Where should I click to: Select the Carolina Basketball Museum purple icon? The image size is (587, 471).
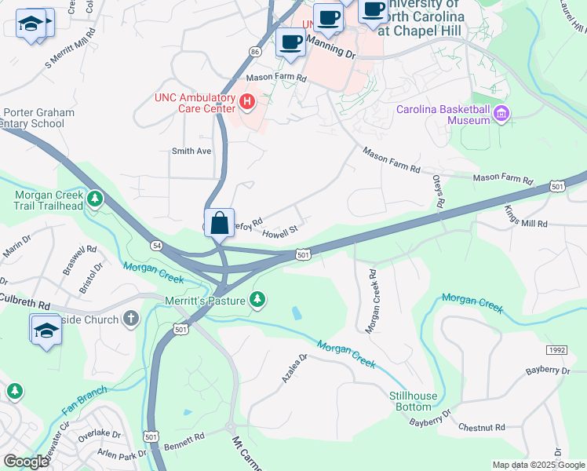501,115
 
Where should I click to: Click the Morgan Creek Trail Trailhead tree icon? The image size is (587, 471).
95,199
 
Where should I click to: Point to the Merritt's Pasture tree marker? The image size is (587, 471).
257,299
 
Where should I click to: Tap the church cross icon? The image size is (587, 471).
131,319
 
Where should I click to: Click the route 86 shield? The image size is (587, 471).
254,51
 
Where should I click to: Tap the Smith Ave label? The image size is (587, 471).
191,151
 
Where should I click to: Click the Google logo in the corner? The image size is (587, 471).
26,462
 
